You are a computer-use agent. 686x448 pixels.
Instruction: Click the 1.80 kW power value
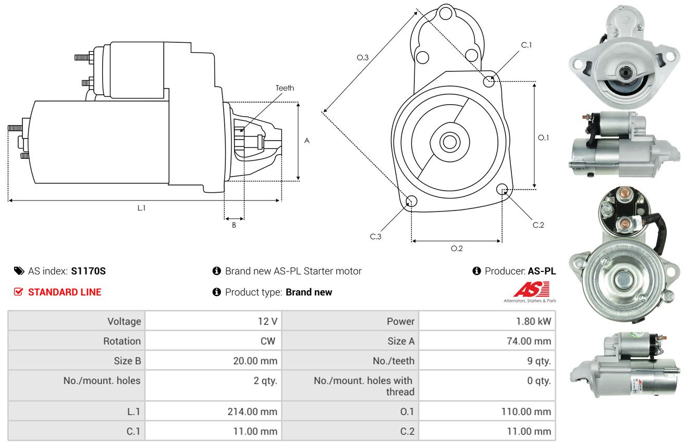(x=533, y=321)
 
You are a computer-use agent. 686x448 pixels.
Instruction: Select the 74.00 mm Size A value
(x=529, y=341)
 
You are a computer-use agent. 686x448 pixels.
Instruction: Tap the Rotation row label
(x=122, y=341)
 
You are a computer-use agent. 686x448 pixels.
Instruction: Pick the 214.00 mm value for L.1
(x=252, y=412)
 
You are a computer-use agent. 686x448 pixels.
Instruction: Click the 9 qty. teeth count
(x=538, y=361)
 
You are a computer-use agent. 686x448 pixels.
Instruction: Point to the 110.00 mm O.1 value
(x=526, y=412)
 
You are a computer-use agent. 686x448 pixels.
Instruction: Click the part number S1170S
(x=88, y=271)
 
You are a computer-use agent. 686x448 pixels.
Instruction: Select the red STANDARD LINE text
(x=65, y=292)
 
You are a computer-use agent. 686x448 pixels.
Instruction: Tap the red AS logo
(x=531, y=289)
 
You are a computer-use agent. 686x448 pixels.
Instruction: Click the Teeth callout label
(x=285, y=88)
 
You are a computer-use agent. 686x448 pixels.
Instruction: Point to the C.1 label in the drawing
(x=526, y=45)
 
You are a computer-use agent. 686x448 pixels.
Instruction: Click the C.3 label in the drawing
(x=375, y=237)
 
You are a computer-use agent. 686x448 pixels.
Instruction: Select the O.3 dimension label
(x=362, y=57)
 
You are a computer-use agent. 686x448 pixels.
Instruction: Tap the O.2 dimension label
(x=457, y=248)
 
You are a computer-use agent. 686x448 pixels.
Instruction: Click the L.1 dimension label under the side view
(x=141, y=208)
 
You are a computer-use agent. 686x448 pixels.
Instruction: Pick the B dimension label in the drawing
(x=234, y=225)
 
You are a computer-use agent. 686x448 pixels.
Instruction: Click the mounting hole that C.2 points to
(x=502, y=189)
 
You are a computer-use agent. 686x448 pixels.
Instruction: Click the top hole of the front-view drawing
(x=446, y=14)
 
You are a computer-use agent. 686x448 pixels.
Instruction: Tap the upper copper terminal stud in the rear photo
(x=622, y=193)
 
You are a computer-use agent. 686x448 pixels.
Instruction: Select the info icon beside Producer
(x=476, y=271)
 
